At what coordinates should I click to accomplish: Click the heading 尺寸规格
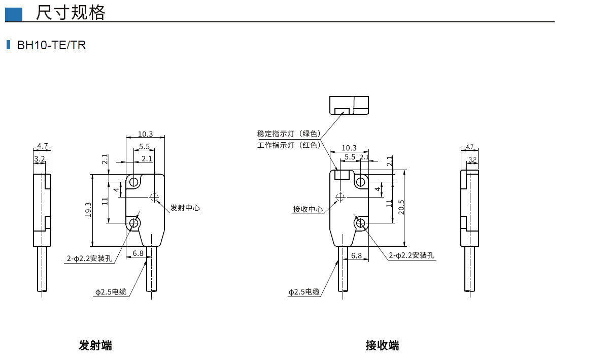coord(70,13)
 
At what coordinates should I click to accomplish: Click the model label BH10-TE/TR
coord(51,45)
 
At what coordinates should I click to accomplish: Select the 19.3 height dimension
coord(88,209)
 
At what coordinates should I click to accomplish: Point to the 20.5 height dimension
coord(401,207)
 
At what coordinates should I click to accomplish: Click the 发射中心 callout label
coord(185,208)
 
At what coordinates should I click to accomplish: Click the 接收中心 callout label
coord(308,209)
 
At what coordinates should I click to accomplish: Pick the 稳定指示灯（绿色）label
coord(289,134)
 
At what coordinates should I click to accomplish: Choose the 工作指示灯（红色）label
coord(289,145)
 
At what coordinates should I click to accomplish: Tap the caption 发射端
coord(95,346)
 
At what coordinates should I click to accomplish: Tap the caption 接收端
coord(382,346)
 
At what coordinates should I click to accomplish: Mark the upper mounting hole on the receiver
coord(361,182)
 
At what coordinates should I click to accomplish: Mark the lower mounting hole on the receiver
coord(361,223)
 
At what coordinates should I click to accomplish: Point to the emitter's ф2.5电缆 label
coord(111,292)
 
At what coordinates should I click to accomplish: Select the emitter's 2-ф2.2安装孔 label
coord(89,258)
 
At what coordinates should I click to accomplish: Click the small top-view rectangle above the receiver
coord(349,105)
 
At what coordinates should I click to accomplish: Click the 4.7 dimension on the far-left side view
coord(43,146)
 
